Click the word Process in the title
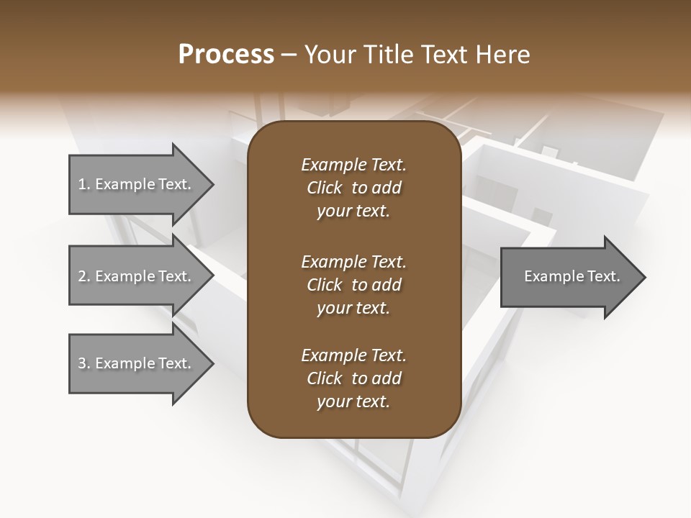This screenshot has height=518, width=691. point(226,55)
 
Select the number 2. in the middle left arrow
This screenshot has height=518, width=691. point(84,276)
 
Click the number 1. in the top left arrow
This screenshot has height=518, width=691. point(84,185)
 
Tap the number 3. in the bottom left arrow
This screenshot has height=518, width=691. point(84,363)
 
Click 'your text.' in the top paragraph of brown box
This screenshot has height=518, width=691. point(353,212)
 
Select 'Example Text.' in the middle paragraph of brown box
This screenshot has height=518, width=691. point(353,261)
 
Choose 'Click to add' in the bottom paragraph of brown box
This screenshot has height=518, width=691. point(353,378)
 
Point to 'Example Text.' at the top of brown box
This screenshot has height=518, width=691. point(353,165)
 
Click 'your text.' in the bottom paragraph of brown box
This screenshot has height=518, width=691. point(353,402)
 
